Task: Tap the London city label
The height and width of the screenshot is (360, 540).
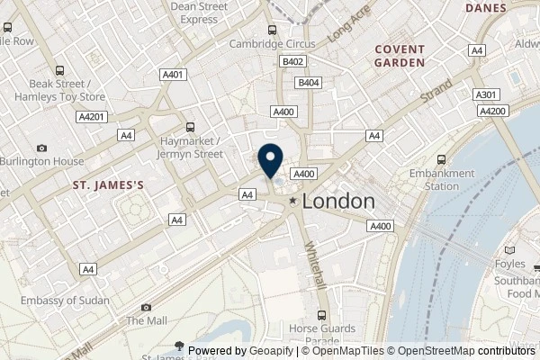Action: (x=338, y=202)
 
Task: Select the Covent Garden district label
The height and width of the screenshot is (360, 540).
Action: (x=400, y=57)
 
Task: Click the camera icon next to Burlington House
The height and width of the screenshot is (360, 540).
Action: (x=41, y=148)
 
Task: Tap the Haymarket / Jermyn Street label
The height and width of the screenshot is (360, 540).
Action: (x=190, y=148)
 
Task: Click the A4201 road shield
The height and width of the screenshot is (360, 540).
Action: (x=91, y=116)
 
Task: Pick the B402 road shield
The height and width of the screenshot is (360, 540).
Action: (x=292, y=61)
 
